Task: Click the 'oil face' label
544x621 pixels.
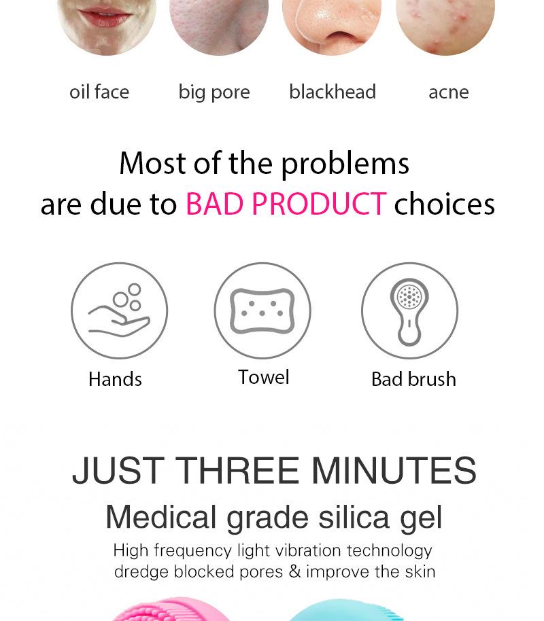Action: [x=99, y=92]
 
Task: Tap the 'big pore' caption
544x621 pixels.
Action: [x=214, y=92]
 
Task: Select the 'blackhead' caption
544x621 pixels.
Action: [x=333, y=92]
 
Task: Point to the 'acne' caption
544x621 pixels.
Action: [x=449, y=92]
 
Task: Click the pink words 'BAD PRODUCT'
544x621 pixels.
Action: [x=286, y=204]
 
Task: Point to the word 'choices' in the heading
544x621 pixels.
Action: [x=445, y=204]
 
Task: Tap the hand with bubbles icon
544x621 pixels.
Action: [x=120, y=311]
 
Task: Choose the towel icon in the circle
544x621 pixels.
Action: [x=262, y=311]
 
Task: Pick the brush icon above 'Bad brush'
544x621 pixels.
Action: [x=409, y=311]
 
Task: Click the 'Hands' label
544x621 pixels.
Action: [x=115, y=379]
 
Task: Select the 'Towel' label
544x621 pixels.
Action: [x=264, y=377]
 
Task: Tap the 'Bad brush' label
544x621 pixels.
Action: [x=413, y=379]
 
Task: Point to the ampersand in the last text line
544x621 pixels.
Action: [x=294, y=571]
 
